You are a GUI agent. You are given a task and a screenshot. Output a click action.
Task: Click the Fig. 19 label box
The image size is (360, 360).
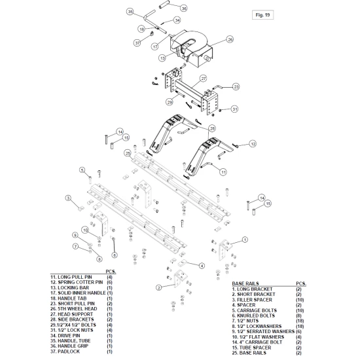click(x=262, y=15)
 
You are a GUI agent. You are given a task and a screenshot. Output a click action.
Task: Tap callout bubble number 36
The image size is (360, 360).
click(x=184, y=9)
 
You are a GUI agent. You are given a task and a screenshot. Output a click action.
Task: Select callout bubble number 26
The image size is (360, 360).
click(x=230, y=39)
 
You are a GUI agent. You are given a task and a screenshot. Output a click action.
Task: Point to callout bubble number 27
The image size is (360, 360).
click(x=204, y=79)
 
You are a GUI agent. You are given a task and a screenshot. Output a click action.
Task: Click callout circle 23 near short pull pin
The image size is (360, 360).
click(x=236, y=87)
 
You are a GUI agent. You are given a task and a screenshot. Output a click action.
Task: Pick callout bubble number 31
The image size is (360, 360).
click(x=234, y=109)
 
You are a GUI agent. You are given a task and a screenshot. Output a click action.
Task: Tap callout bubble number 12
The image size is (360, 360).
click(x=253, y=144)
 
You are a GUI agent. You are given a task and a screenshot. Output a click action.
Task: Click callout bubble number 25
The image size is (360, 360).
click(x=128, y=153)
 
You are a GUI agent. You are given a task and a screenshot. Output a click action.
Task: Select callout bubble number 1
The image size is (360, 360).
click(x=245, y=240)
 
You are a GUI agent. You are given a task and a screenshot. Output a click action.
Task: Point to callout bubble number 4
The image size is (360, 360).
click(x=202, y=266)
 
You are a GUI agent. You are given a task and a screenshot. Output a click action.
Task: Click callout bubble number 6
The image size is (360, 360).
click(x=115, y=255)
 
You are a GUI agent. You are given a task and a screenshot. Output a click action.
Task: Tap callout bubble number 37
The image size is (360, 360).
click(x=137, y=43)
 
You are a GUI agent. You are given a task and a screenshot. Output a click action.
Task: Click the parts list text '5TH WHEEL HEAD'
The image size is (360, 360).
click(x=77, y=309)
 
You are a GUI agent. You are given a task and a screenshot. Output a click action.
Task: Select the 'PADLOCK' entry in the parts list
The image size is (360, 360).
click(x=69, y=351)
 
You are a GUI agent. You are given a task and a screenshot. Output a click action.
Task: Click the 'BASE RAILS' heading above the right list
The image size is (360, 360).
click(x=245, y=283)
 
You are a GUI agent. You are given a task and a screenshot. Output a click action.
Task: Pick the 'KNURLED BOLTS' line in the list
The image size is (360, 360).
click(x=255, y=315)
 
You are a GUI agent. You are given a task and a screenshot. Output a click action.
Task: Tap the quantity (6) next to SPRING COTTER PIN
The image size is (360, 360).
click(x=109, y=282)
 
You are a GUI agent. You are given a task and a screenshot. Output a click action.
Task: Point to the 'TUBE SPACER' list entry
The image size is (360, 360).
click(x=255, y=348)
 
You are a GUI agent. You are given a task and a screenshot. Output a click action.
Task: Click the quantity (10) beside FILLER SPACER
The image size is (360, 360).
click(x=300, y=300)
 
